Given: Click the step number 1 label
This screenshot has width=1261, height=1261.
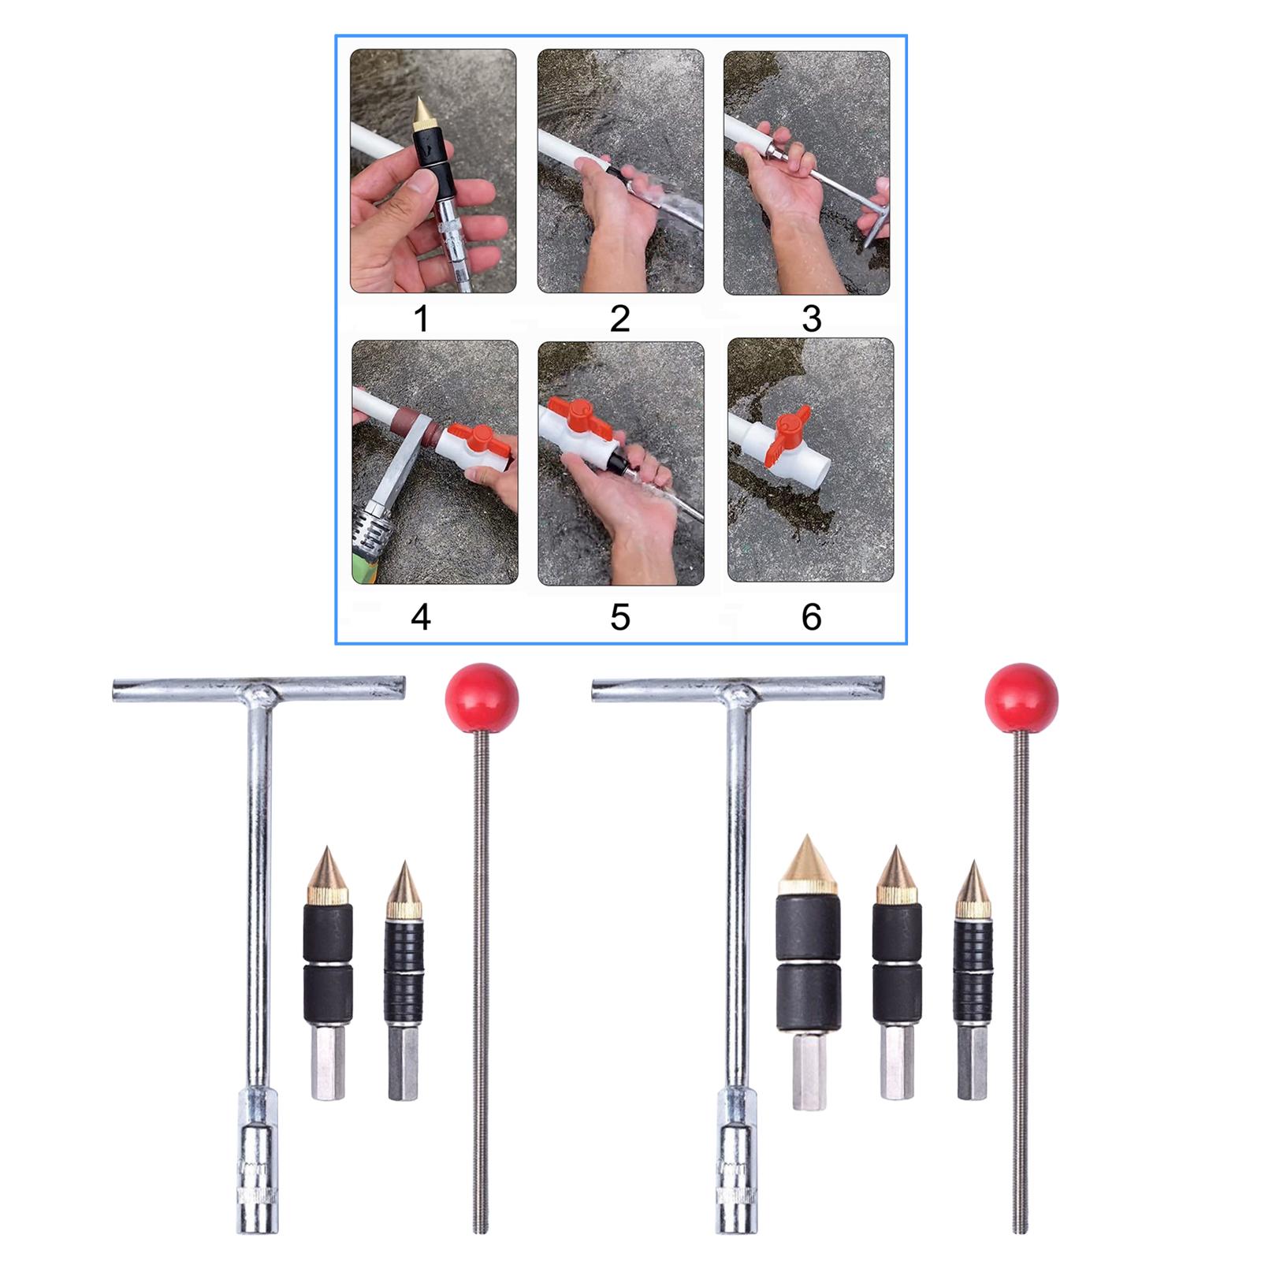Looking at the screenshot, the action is pyautogui.click(x=422, y=319).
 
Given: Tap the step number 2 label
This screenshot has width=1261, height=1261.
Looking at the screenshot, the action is pyautogui.click(x=619, y=318).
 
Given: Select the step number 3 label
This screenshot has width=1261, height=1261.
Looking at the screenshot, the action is pyautogui.click(x=811, y=318).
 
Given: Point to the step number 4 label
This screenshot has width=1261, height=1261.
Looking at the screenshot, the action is pyautogui.click(x=421, y=616).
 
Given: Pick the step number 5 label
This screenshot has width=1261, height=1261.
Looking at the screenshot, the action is pyautogui.click(x=620, y=616).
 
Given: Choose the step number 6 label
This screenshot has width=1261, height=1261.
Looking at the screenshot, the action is pyautogui.click(x=812, y=616).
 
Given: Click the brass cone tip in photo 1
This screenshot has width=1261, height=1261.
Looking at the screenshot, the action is pyautogui.click(x=421, y=114).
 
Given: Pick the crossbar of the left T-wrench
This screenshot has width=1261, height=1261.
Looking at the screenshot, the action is pyautogui.click(x=259, y=688).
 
